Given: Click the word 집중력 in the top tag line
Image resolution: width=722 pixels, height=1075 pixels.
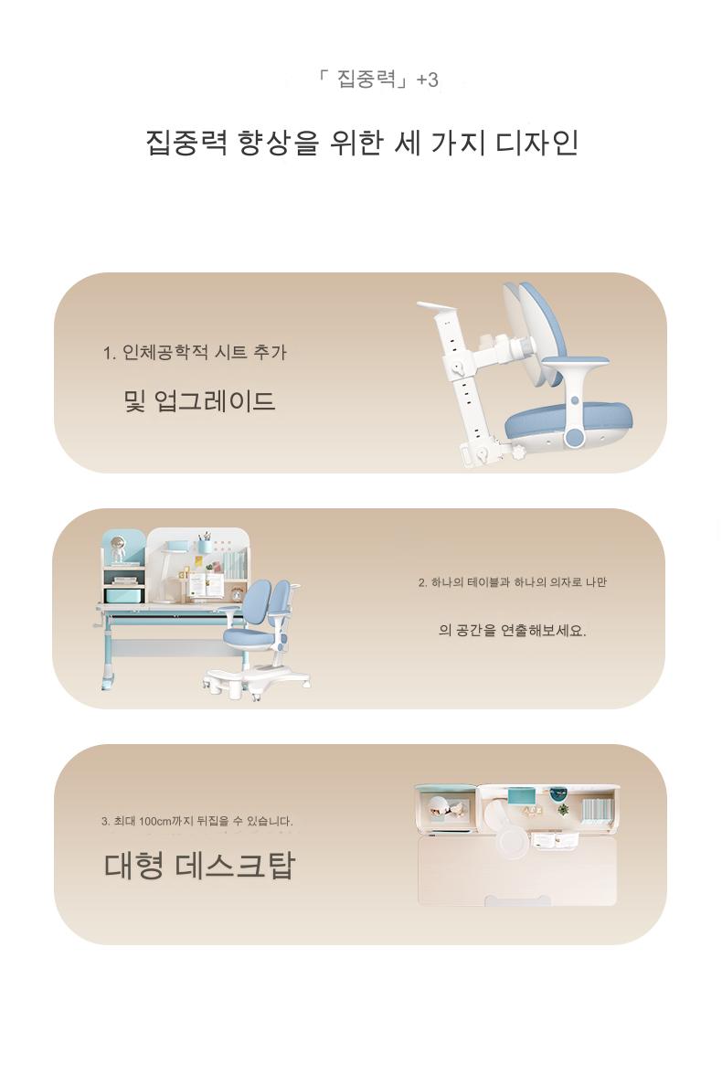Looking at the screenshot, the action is click(366, 79).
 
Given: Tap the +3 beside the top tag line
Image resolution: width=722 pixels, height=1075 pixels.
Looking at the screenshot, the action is click(427, 80).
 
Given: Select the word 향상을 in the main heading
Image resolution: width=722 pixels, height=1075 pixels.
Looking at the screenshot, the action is click(279, 143).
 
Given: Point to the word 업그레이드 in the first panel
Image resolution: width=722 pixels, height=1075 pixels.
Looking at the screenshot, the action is click(215, 400).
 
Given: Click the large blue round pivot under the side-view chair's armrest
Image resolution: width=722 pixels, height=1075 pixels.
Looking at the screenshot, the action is click(575, 437).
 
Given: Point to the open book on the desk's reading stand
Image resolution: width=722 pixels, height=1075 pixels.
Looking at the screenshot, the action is click(206, 585).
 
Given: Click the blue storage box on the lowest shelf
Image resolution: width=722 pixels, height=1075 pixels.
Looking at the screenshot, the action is click(123, 596).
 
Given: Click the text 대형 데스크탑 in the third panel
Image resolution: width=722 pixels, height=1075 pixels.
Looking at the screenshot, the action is click(199, 865).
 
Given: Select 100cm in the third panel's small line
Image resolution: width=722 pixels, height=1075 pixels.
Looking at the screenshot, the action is click(154, 821).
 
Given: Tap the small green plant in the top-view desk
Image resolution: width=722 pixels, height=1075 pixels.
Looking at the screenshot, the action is click(563, 809).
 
